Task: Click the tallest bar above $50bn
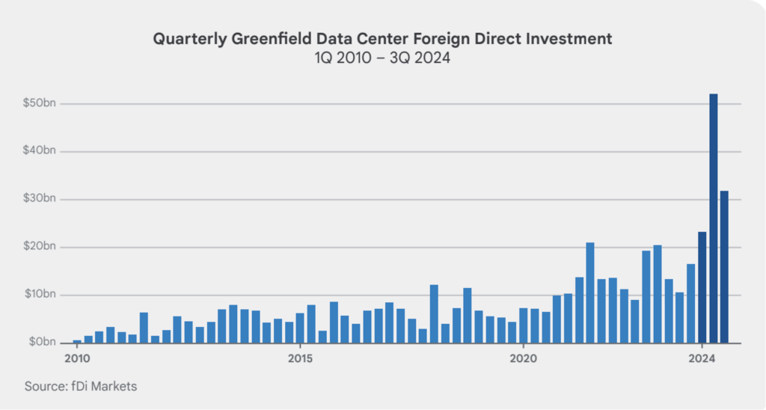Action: [713, 218]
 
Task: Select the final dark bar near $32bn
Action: [724, 267]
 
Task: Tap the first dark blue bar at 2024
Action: [702, 287]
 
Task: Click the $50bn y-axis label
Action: [39, 103]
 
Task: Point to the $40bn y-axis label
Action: [39, 151]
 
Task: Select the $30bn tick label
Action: [39, 199]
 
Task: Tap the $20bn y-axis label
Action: [39, 246]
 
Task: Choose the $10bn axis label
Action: [39, 294]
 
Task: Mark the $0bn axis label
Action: [41, 342]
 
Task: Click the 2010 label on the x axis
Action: [77, 358]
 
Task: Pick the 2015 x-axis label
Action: [301, 358]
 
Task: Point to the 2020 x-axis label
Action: [523, 358]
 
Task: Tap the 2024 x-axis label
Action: [702, 358]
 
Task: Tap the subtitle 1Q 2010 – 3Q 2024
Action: [382, 58]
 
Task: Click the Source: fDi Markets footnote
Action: [81, 386]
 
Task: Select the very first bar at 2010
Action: [77, 341]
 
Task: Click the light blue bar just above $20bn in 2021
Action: [590, 293]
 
